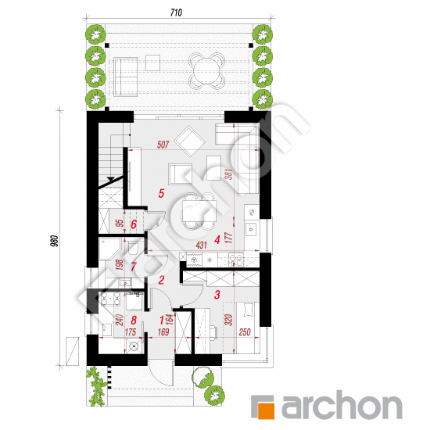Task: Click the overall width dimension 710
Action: [x=176, y=13]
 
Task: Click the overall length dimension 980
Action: [x=55, y=241]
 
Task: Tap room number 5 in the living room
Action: [x=161, y=193]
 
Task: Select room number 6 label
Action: [x=134, y=224]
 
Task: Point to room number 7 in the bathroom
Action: [x=133, y=267]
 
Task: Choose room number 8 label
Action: [x=134, y=320]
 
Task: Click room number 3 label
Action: [x=217, y=295]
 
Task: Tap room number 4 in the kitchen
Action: [x=217, y=240]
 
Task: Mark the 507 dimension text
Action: [x=163, y=145]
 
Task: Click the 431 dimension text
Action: [x=201, y=245]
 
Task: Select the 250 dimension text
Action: [x=245, y=332]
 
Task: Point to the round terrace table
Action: [x=206, y=71]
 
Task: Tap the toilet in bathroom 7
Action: [x=134, y=248]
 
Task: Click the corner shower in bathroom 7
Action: [x=109, y=249]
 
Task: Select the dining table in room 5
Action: [x=199, y=211]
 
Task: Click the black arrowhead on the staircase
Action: [x=110, y=179]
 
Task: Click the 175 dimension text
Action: [x=131, y=332]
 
